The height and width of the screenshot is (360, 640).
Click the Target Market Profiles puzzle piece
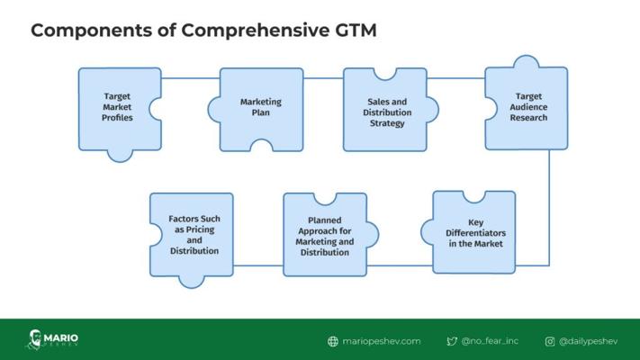click(x=118, y=110)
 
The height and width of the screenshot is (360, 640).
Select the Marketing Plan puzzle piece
click(x=261, y=108)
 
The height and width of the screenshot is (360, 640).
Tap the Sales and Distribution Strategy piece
click(x=387, y=111)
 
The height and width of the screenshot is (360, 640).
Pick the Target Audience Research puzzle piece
click(x=527, y=107)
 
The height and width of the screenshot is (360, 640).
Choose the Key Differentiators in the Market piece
click(x=473, y=233)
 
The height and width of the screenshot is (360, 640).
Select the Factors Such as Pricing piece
click(x=192, y=237)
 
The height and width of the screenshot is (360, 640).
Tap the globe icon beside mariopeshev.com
click(x=333, y=341)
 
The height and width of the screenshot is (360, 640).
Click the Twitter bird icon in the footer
click(x=452, y=341)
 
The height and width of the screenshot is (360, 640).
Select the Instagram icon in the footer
click(x=550, y=341)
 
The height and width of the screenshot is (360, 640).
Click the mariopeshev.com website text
click(x=382, y=341)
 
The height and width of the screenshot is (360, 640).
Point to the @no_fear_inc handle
click(x=490, y=341)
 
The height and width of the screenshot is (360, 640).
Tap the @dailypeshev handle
click(x=588, y=341)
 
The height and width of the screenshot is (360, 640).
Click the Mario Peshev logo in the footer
click(x=52, y=339)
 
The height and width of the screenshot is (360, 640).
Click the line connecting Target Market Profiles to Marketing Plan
click(x=191, y=78)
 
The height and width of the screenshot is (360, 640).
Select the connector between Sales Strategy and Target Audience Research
click(x=455, y=78)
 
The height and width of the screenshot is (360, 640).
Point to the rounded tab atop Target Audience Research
click(x=527, y=61)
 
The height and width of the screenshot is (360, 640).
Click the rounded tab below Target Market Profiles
click(x=120, y=156)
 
